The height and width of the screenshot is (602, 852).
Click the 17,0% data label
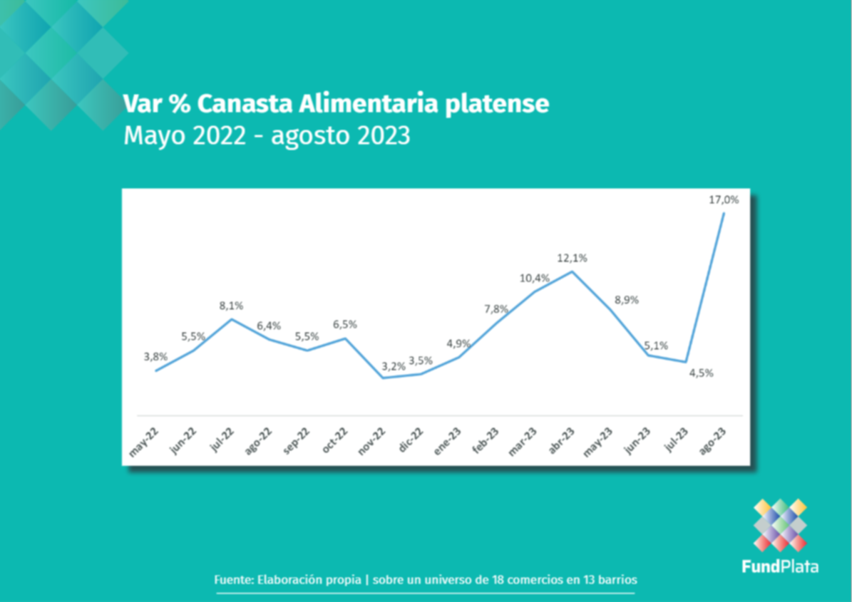[724, 200]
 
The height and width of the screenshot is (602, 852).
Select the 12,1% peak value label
[573, 258]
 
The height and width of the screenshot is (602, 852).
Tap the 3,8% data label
[155, 356]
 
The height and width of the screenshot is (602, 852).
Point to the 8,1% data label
[231, 306]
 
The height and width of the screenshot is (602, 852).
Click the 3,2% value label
[393, 366]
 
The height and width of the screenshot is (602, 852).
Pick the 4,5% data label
[701, 373]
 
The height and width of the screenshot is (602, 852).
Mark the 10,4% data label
[534, 278]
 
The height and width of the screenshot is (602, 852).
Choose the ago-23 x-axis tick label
[713, 442]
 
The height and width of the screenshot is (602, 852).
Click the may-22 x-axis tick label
[144, 442]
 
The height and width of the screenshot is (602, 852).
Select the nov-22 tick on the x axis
[371, 442]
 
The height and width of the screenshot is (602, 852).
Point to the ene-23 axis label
[447, 442]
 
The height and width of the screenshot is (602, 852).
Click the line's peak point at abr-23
[572, 271]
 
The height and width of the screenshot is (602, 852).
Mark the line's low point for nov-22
[383, 378]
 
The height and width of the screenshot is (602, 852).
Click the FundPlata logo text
[780, 567]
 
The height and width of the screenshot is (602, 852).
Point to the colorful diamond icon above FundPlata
[780, 525]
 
